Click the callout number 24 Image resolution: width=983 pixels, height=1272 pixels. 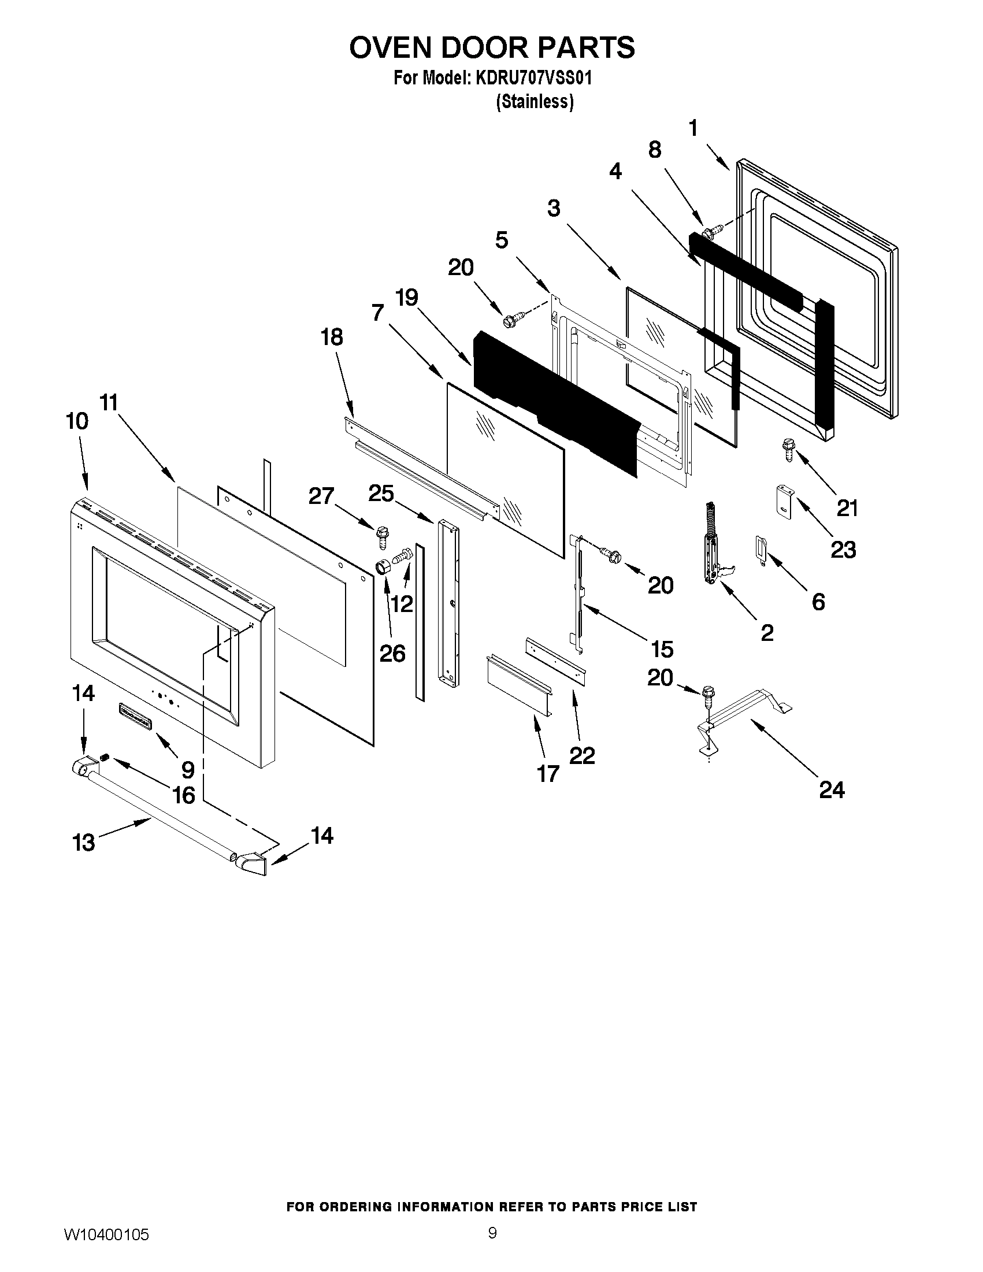(x=831, y=791)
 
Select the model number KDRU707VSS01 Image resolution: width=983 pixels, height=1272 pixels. (x=533, y=78)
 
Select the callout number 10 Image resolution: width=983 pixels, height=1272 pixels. (x=76, y=421)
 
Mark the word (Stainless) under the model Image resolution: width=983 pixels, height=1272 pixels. (x=535, y=102)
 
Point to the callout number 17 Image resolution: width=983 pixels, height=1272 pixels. (x=547, y=774)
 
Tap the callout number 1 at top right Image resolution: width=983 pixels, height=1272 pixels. (x=693, y=128)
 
